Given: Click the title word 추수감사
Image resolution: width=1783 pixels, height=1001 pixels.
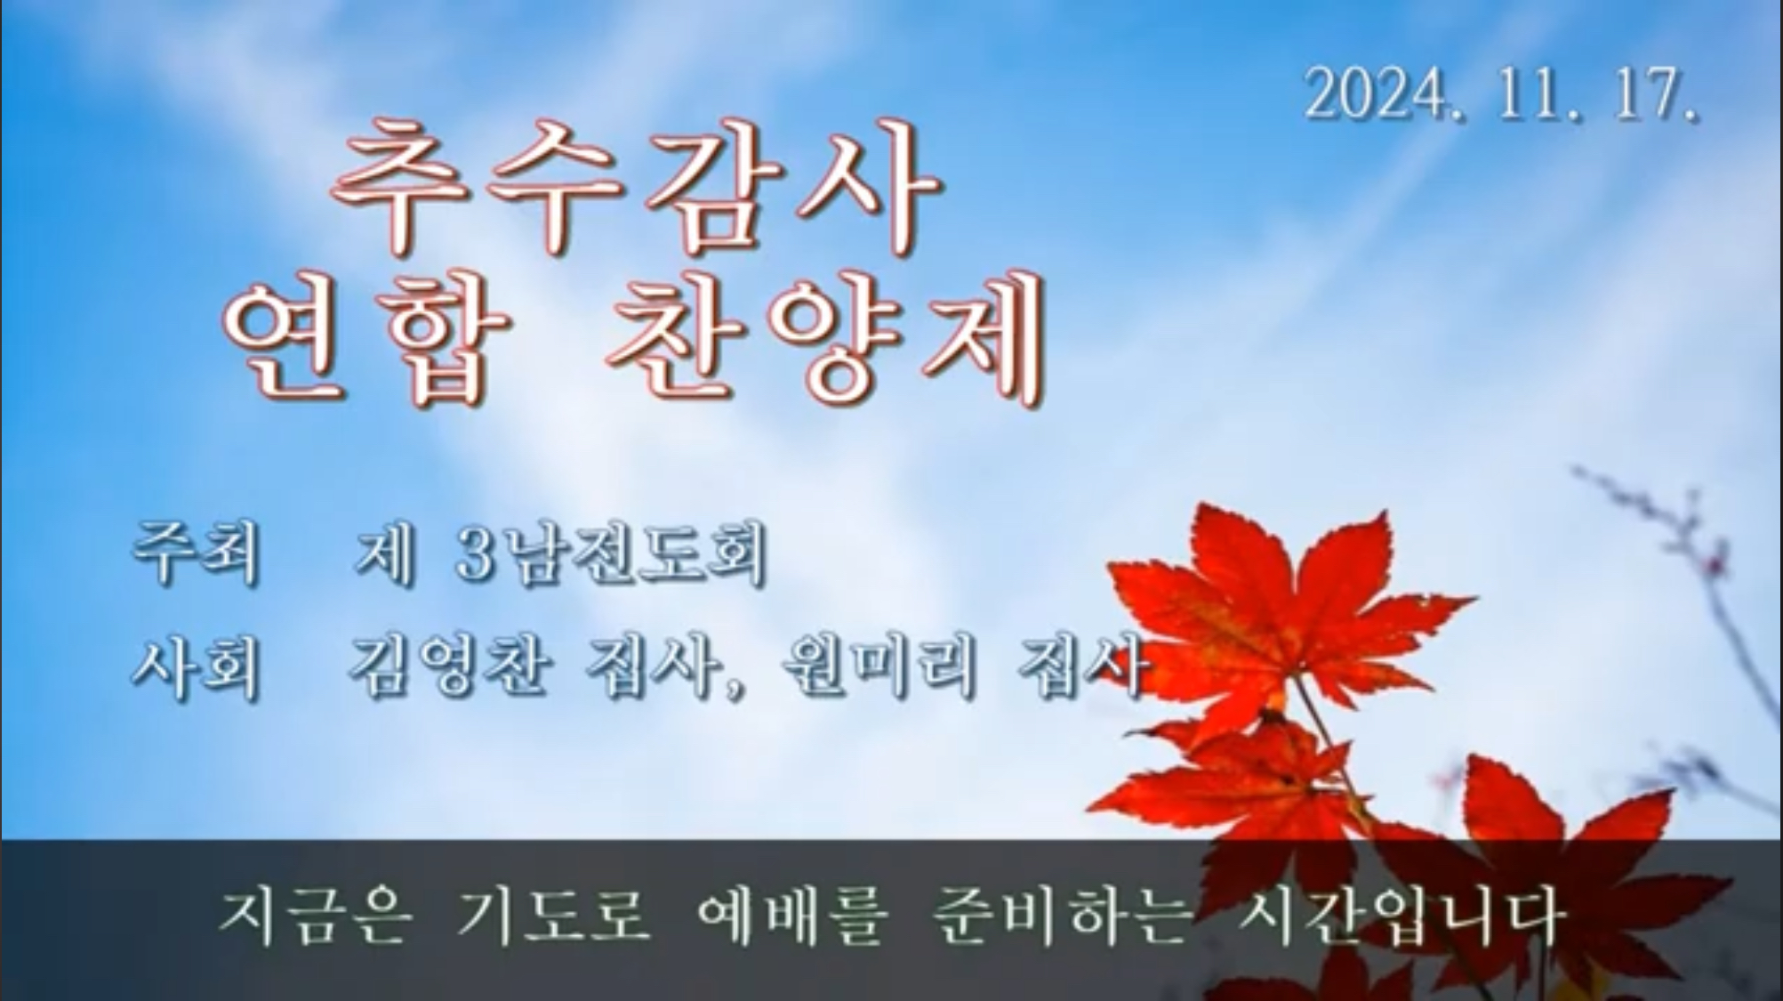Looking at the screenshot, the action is [x=637, y=188].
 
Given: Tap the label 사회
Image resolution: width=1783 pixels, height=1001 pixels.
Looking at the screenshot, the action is [x=196, y=666].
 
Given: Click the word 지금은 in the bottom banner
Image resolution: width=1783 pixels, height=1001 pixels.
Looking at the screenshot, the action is [x=316, y=916].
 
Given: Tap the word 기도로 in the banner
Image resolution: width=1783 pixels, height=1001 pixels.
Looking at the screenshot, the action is [x=552, y=916].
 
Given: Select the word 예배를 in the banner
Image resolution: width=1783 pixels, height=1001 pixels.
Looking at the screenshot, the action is [x=791, y=916].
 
